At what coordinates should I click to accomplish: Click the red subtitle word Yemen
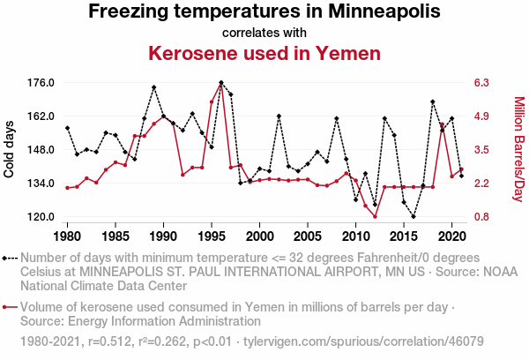tap(349, 53)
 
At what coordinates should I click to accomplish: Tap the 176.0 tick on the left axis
tap(41, 83)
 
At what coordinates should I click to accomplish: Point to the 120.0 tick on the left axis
tap(41, 217)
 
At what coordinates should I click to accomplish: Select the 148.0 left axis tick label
tap(41, 150)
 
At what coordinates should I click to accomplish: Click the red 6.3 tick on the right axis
tap(481, 83)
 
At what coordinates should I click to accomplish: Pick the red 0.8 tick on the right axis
tap(481, 217)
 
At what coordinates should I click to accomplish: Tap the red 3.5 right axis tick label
tap(481, 150)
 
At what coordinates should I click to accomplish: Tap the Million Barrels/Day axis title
tap(518, 150)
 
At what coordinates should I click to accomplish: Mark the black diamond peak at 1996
tap(221, 83)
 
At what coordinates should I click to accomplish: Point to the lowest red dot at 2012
tap(375, 217)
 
